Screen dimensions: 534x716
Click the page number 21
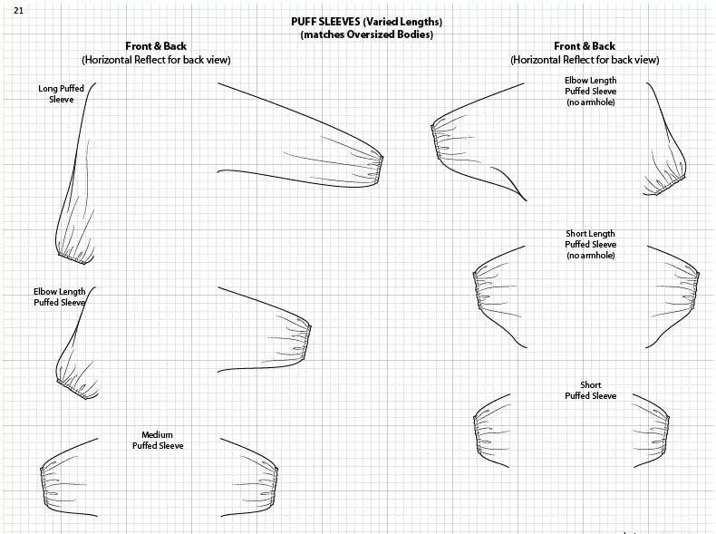click(x=18, y=9)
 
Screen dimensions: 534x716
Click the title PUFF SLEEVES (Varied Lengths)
click(x=366, y=22)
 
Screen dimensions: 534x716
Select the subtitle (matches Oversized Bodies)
click(x=366, y=34)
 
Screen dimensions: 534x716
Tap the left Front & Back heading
click(x=156, y=47)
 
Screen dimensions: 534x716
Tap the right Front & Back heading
click(x=585, y=47)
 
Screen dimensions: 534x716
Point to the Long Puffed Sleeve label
click(x=61, y=94)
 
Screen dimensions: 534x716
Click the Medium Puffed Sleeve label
click(x=157, y=441)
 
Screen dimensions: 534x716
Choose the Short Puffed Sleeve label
click(x=590, y=391)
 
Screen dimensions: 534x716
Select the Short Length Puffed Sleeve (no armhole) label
click(x=590, y=245)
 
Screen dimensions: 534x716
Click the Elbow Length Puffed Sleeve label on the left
click(x=59, y=296)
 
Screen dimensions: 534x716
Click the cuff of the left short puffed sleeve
click(x=477, y=432)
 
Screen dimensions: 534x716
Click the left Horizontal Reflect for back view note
click(x=156, y=60)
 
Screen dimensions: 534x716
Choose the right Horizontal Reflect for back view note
click(x=585, y=60)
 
